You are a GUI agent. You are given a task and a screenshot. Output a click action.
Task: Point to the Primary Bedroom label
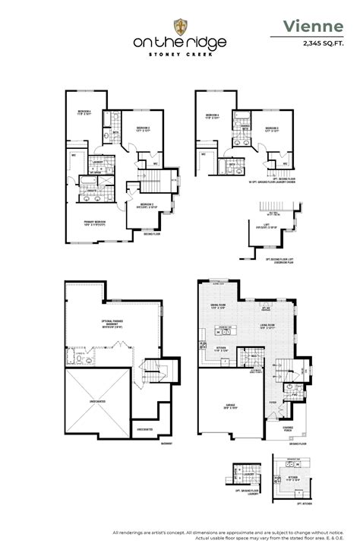point(95,223)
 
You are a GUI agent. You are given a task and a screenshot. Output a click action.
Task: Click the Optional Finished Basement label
point(113,325)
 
